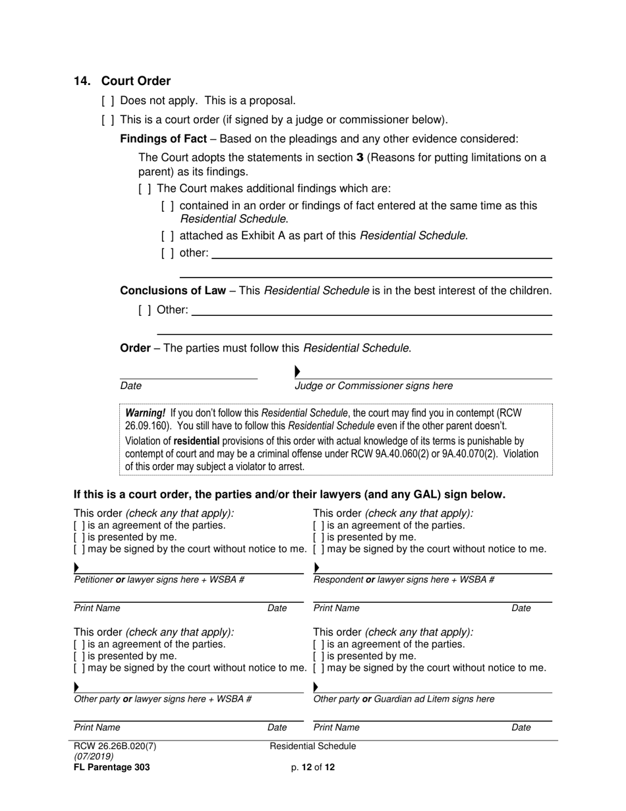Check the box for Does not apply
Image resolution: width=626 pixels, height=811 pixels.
point(108,101)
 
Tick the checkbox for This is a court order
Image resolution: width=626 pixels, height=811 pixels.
point(108,120)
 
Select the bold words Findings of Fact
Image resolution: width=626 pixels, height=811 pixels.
point(163,139)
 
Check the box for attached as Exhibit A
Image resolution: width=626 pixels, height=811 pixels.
point(167,235)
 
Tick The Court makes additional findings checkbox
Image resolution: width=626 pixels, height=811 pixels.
point(145,189)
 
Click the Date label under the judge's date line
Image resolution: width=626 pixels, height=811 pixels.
point(130,386)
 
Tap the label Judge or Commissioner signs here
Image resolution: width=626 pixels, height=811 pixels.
point(374,386)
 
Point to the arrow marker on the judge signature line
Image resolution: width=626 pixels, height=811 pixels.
point(297,372)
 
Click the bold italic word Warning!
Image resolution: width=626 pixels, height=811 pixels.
point(145,413)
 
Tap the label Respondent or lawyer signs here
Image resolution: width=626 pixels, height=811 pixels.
point(403,580)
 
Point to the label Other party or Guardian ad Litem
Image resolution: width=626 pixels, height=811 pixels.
point(403,699)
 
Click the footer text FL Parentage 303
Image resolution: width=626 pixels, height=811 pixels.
point(111,767)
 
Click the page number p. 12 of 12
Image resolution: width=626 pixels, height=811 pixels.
point(313,767)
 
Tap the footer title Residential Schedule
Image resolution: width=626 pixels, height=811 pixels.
point(313,746)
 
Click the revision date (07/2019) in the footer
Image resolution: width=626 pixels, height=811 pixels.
point(94,757)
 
